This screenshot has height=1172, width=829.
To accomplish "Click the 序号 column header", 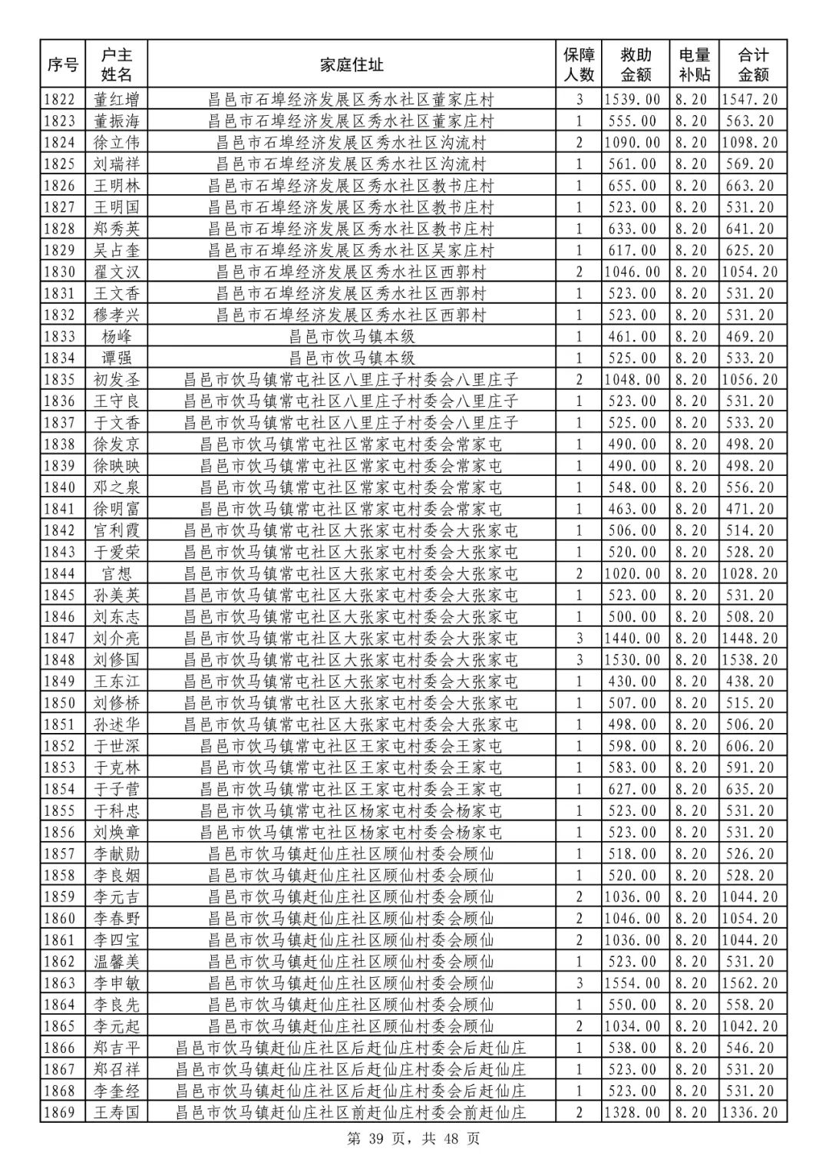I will click(62, 64).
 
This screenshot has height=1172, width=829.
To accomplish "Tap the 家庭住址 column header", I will click(352, 64).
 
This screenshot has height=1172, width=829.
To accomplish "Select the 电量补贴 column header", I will click(694, 64).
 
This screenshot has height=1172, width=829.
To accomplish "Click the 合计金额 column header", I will click(752, 64).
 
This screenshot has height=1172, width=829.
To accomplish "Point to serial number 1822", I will click(62, 99).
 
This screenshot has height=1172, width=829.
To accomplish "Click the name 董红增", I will click(117, 99).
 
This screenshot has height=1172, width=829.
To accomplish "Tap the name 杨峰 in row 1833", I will click(117, 336).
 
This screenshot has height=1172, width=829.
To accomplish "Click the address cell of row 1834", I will click(352, 358).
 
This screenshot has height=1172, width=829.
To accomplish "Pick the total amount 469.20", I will click(752, 336).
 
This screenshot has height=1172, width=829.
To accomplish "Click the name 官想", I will click(117, 573).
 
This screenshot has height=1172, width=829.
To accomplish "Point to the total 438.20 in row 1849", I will click(752, 681).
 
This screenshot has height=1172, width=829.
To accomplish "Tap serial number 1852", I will click(62, 746).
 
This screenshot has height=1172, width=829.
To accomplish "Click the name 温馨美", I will click(117, 962).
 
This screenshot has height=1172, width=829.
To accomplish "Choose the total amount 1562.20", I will click(752, 983).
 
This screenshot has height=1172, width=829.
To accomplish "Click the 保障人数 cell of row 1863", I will click(580, 983).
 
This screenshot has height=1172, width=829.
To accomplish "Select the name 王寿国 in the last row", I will click(117, 1112).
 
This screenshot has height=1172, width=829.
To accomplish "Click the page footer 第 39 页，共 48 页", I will click(414, 1139).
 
